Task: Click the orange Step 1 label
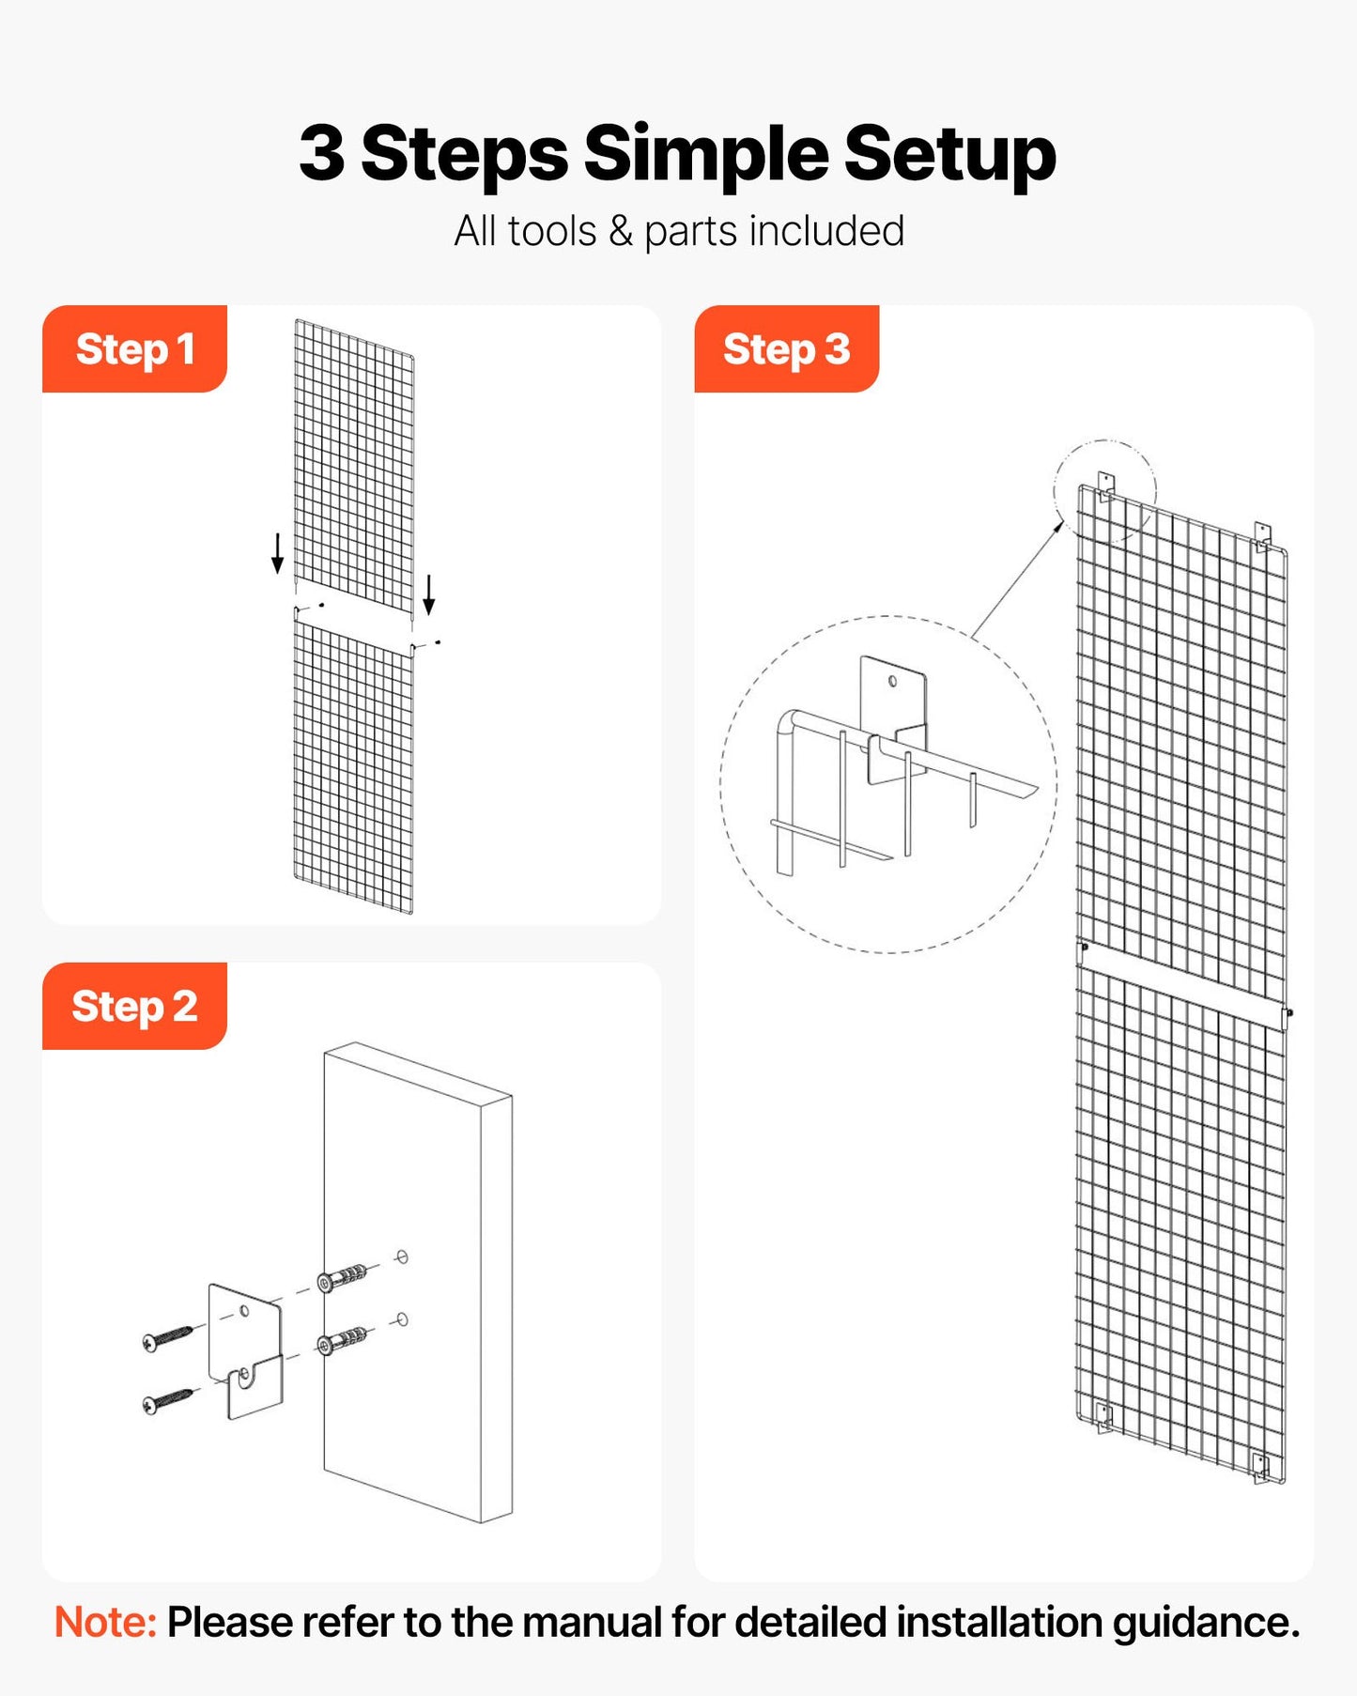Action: click(134, 349)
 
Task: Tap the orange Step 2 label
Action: click(134, 1007)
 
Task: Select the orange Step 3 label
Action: click(786, 349)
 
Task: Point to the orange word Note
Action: click(105, 1623)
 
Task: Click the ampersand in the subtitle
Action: click(621, 231)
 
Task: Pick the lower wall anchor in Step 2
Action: click(342, 1340)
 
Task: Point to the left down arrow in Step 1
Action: click(277, 552)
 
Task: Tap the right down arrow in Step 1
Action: click(429, 594)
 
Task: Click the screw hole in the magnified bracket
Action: click(892, 681)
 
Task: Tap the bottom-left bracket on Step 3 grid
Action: click(1104, 1416)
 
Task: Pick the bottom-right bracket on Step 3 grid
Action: click(1261, 1467)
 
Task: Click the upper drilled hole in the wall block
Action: click(402, 1257)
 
